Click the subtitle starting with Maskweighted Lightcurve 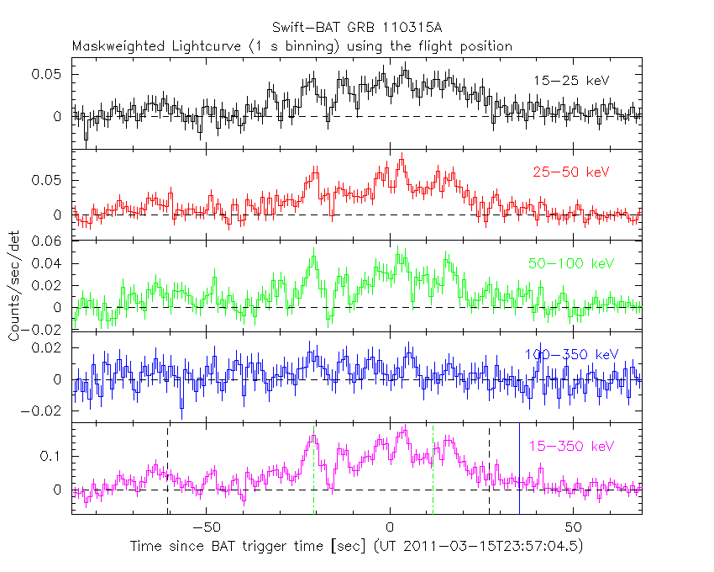point(292,46)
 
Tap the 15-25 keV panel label point(570,81)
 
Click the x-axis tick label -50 point(205,527)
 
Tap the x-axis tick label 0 point(390,527)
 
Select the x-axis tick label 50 point(573,527)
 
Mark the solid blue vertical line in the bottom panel point(519,467)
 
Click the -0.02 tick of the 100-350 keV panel point(44,411)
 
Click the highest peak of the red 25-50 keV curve point(402,156)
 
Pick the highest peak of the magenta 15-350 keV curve point(405,429)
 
